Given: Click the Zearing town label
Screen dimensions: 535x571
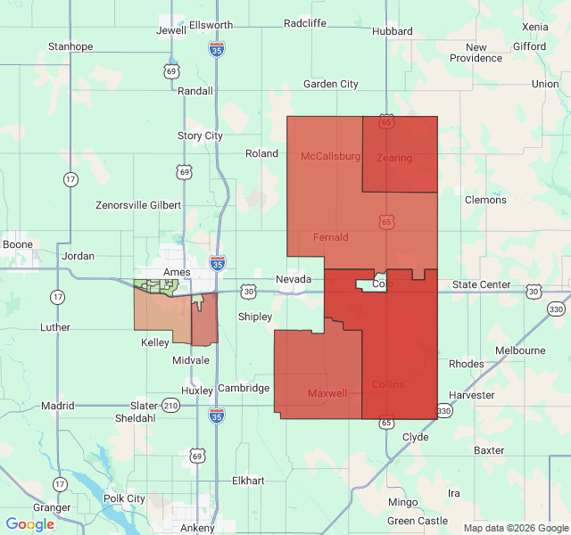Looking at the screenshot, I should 394,158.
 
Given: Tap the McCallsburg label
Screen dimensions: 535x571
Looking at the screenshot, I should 330,156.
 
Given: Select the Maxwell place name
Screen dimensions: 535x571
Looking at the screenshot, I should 327,393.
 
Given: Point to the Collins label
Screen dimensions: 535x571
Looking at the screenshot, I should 387,384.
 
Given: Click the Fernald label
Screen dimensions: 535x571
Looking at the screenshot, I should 331,237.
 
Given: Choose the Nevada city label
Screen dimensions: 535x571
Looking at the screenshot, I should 293,279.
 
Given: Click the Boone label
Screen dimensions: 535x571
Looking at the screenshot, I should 18,244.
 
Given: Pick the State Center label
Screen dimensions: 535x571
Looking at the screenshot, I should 481,284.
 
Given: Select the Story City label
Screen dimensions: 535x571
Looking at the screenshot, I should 200,136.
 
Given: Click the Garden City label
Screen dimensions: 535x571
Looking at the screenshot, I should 330,84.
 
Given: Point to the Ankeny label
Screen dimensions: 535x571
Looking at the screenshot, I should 196,527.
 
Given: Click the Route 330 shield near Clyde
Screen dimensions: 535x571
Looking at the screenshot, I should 444,410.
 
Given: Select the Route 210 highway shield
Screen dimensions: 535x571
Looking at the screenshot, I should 170,406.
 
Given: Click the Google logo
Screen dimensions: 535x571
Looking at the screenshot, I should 29,524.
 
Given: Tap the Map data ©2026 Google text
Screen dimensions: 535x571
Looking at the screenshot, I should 515,528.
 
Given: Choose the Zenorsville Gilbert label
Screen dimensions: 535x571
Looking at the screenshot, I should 138,205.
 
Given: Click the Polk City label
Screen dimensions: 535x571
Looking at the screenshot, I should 124,498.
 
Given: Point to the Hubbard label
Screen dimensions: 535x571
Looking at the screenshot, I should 393,30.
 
